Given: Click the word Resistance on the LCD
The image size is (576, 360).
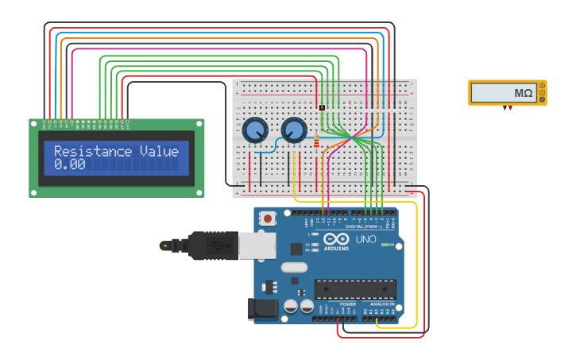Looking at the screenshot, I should [x=92, y=151].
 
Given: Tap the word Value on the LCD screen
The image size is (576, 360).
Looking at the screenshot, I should [x=159, y=151].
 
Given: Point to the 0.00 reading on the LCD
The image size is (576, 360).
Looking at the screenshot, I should [x=69, y=165].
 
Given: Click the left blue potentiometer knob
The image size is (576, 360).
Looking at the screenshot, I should [x=255, y=130].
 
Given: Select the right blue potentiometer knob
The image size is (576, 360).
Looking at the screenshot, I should [x=294, y=130].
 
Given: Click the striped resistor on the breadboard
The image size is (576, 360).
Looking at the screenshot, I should [x=317, y=141].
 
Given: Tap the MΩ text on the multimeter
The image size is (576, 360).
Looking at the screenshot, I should [x=523, y=93].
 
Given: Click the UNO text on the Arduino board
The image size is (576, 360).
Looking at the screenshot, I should [x=365, y=239].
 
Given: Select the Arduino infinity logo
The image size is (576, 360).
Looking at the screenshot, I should [x=336, y=239].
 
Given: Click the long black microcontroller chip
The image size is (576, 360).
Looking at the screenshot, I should [x=355, y=289].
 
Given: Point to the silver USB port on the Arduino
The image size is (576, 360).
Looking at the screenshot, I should [x=257, y=246].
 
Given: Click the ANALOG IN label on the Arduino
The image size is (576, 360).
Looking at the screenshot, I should [x=381, y=304].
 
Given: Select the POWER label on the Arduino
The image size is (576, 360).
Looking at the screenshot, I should [x=348, y=304].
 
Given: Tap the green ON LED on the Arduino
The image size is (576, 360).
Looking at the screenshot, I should [x=383, y=245].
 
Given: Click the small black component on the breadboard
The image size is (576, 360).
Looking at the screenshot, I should [x=322, y=107].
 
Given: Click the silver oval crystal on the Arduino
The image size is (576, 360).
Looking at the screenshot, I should [x=294, y=267].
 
